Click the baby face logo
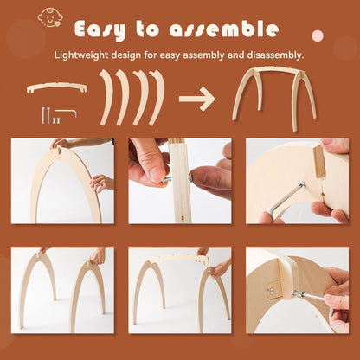tap(49, 18)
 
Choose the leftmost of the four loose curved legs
tap(106, 98)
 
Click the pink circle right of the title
tap(318, 36)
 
